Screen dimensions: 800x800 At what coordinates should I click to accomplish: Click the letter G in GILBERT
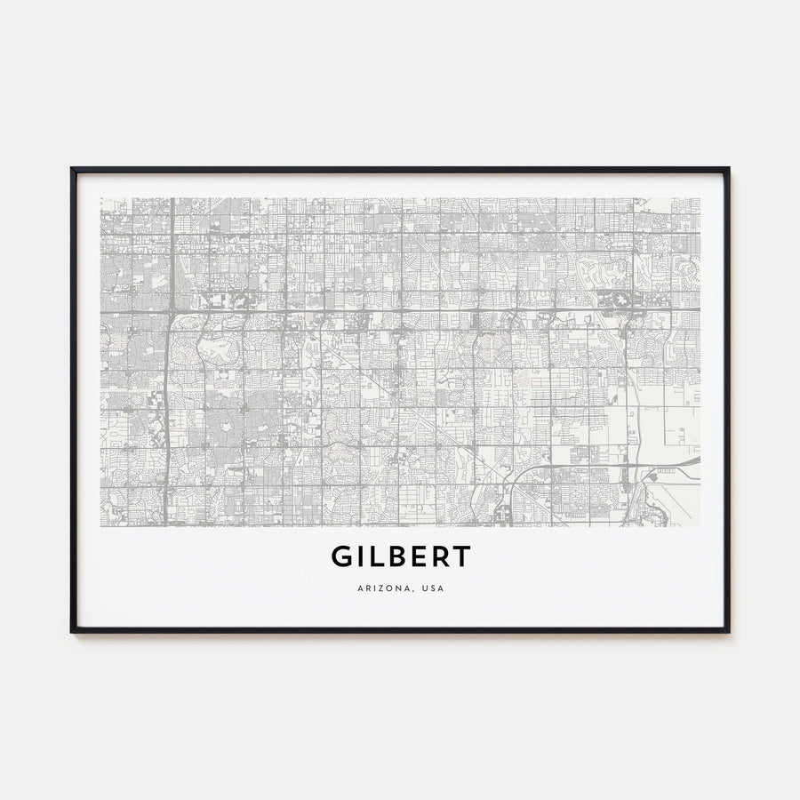point(344,556)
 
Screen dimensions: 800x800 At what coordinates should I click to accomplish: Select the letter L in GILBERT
point(380,556)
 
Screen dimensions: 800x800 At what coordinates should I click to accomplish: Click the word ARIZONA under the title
point(380,588)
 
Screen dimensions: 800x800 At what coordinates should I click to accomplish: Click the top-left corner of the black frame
point(72,168)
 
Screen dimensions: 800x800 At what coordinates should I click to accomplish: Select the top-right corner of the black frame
point(728,168)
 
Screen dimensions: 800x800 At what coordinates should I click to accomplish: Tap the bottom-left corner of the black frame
point(72,631)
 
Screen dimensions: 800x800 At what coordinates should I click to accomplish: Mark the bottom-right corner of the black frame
point(728,631)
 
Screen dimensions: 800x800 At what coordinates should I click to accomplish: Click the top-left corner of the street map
point(100,198)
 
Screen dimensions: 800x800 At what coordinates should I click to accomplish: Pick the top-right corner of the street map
point(700,198)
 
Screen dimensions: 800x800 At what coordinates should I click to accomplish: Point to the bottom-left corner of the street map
point(100,526)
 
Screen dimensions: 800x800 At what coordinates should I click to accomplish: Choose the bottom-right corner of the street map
point(700,526)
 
